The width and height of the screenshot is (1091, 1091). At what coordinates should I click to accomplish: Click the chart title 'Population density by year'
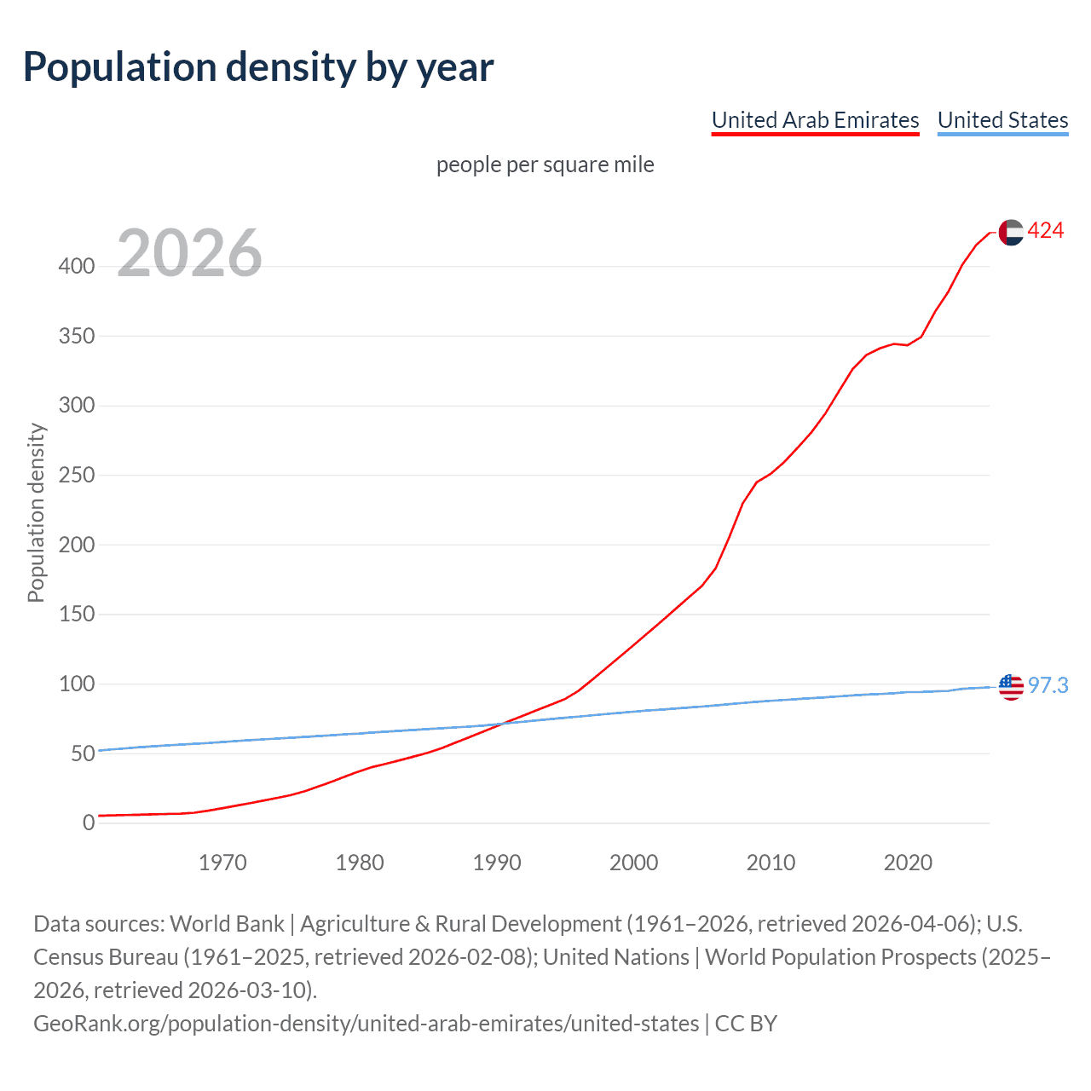pyautogui.click(x=258, y=67)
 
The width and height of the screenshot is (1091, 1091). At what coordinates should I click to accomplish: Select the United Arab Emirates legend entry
pyautogui.click(x=815, y=120)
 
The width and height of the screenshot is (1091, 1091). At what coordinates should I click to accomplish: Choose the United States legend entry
pyautogui.click(x=1002, y=120)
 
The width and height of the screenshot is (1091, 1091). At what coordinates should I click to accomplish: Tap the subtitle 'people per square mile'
pyautogui.click(x=545, y=165)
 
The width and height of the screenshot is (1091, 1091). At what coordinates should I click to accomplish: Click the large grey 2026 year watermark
pyautogui.click(x=189, y=253)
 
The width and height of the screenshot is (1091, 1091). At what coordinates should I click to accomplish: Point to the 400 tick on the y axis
pyautogui.click(x=76, y=266)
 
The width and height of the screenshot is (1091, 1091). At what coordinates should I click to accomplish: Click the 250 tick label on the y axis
pyautogui.click(x=76, y=475)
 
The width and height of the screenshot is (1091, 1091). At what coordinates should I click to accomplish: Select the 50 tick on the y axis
pyautogui.click(x=82, y=753)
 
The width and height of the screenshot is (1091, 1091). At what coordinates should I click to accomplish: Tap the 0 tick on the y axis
pyautogui.click(x=88, y=823)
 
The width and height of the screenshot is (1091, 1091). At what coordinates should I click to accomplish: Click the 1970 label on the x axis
pyautogui.click(x=222, y=863)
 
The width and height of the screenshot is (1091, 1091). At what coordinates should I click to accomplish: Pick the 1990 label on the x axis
pyautogui.click(x=497, y=863)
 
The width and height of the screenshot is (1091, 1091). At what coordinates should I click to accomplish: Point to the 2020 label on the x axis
pyautogui.click(x=908, y=863)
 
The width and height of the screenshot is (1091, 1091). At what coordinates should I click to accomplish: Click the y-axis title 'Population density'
pyautogui.click(x=36, y=513)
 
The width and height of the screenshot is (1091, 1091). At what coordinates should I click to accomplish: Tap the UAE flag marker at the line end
pyautogui.click(x=1011, y=232)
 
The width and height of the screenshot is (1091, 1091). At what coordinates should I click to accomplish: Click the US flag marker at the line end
pyautogui.click(x=1011, y=686)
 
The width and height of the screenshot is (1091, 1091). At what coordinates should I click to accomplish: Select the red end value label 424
pyautogui.click(x=1046, y=231)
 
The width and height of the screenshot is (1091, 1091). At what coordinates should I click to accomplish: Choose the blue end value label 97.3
pyautogui.click(x=1048, y=685)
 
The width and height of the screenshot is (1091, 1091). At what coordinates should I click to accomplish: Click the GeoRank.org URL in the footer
pyautogui.click(x=366, y=1023)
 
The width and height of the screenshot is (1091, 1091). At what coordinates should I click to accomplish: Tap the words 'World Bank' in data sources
pyautogui.click(x=228, y=924)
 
